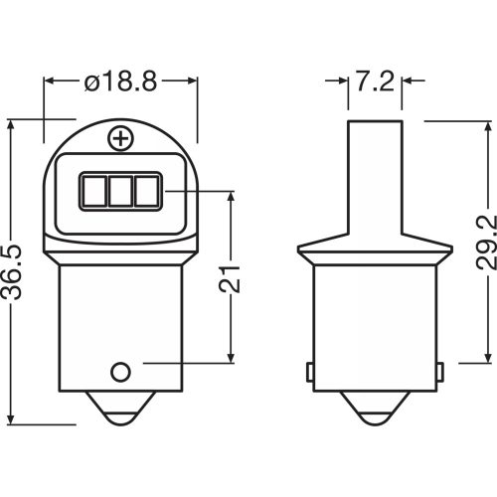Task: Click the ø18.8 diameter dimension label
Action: click(x=120, y=82)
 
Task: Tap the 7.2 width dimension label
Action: click(x=375, y=82)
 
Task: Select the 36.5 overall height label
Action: click(x=12, y=272)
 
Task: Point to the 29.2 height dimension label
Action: click(x=486, y=243)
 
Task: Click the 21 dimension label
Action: click(x=230, y=278)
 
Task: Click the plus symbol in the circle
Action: click(x=121, y=138)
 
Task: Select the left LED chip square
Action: click(x=94, y=191)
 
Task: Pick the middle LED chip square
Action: click(x=120, y=191)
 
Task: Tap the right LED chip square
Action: click(x=147, y=191)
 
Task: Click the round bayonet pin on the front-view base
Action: click(x=120, y=372)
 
